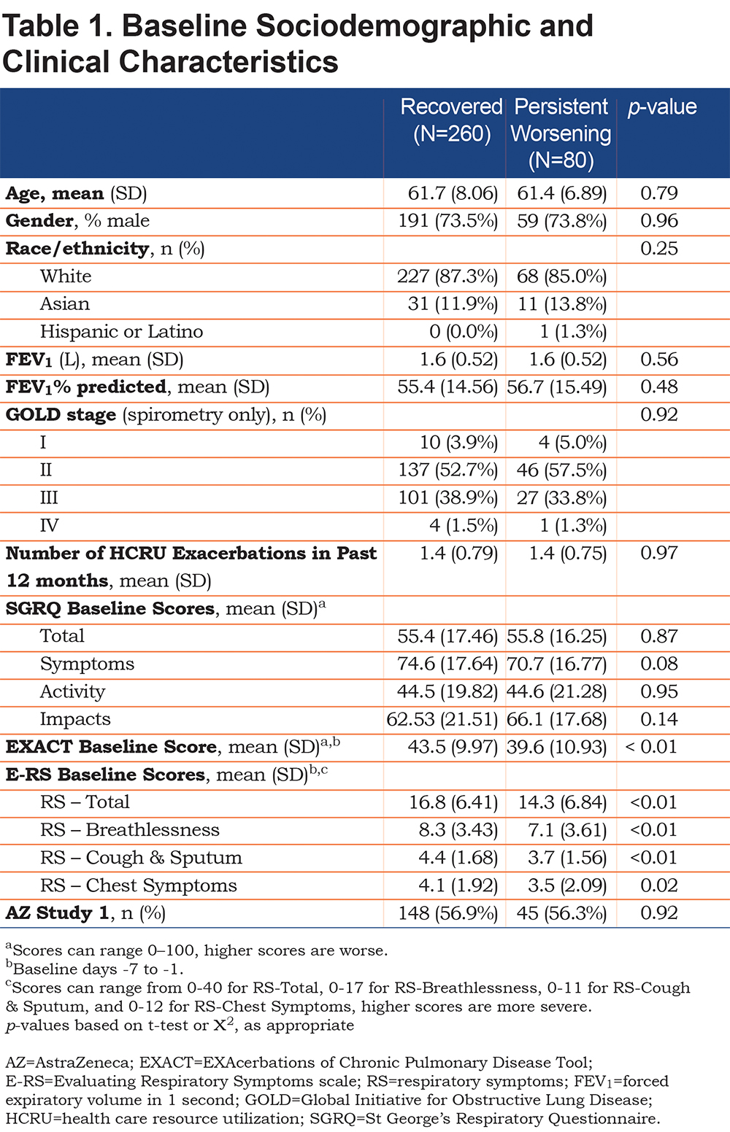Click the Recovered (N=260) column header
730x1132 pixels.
tap(451, 120)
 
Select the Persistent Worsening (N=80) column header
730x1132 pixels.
tap(561, 133)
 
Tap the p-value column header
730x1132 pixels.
tap(662, 107)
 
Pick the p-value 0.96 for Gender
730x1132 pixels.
tap(658, 220)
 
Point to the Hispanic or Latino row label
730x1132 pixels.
tap(121, 332)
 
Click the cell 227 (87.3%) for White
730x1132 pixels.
tap(447, 276)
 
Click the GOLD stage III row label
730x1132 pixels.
tap(49, 497)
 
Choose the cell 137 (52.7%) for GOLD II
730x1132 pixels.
tap(448, 470)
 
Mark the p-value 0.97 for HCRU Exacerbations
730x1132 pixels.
tap(658, 553)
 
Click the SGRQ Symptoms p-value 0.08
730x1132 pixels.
tap(658, 664)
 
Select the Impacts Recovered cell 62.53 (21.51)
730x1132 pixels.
tap(442, 719)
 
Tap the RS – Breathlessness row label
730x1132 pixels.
tap(130, 830)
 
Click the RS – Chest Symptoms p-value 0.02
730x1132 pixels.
tap(658, 885)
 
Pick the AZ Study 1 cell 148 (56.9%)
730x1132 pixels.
tap(448, 913)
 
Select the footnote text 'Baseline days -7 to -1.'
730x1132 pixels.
tap(95, 969)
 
